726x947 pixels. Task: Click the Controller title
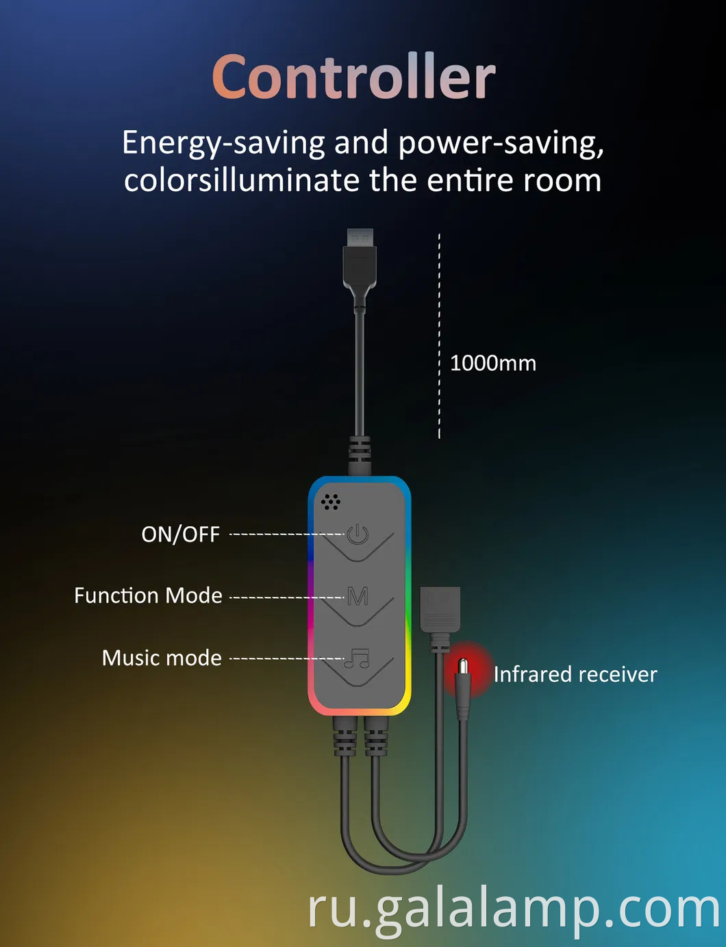point(353,76)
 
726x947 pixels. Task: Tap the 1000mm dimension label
point(493,363)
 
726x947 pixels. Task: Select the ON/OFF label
point(180,534)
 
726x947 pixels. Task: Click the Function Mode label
point(148,595)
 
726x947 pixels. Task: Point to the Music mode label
point(162,658)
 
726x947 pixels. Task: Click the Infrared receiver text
point(575,674)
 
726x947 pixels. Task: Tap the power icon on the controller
point(358,534)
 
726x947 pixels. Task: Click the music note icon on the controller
point(357,658)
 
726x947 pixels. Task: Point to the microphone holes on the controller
point(331,502)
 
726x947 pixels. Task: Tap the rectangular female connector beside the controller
point(440,608)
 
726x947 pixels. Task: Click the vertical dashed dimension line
point(439,336)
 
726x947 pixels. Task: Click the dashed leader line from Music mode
point(287,659)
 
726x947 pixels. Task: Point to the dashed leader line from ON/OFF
point(287,534)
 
